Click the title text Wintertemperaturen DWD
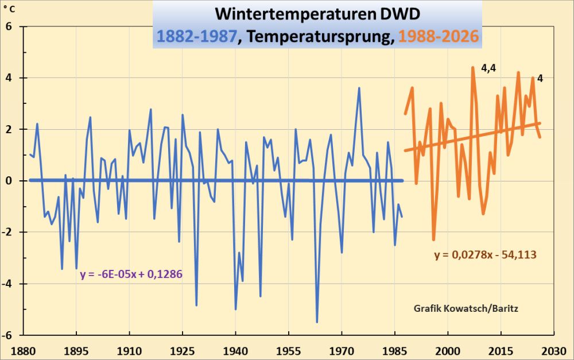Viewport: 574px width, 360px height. click(x=317, y=13)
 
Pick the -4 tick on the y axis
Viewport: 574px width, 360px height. click(x=8, y=284)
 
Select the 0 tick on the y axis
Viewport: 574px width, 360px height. click(x=10, y=181)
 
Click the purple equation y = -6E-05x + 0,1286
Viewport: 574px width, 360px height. click(x=131, y=274)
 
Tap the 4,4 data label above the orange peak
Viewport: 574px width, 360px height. click(x=488, y=69)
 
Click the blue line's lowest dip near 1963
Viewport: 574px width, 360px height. click(x=317, y=322)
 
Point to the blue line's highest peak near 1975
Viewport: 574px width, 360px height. click(x=359, y=88)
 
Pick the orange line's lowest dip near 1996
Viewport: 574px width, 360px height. click(x=434, y=239)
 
